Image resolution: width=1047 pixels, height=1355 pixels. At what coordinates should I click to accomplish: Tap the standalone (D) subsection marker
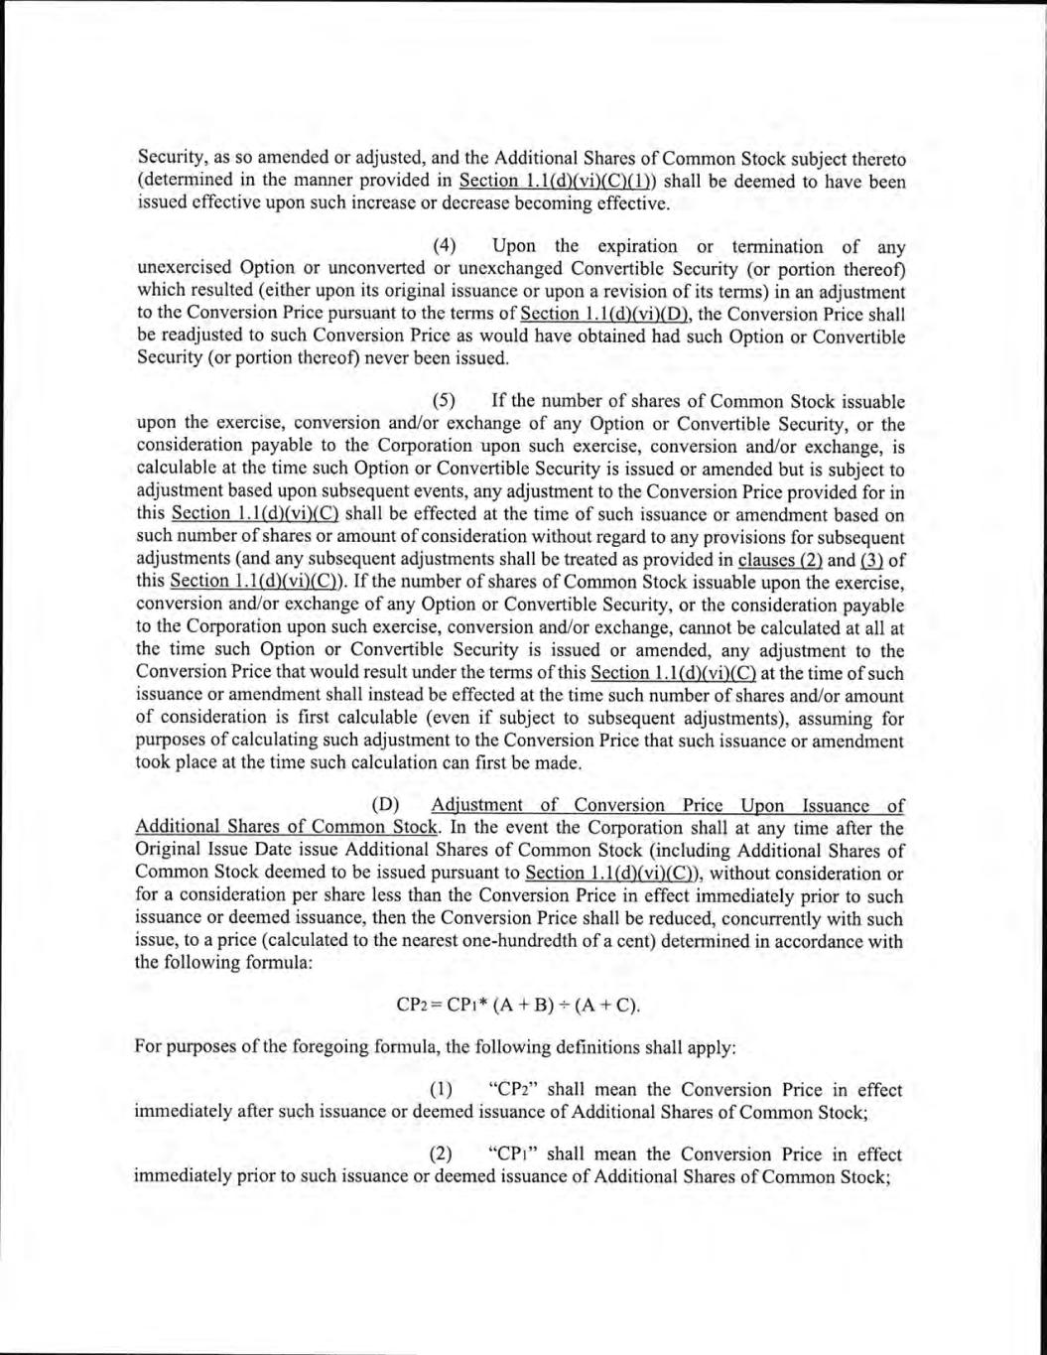pyautogui.click(x=384, y=805)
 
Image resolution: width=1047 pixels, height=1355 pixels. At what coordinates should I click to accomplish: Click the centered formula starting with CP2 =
pyautogui.click(x=518, y=1005)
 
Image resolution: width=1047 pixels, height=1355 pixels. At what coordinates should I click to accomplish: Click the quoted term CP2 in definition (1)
pyautogui.click(x=514, y=1090)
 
